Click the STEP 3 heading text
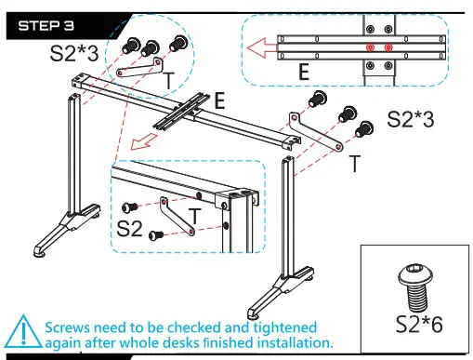46,26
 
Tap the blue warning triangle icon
23,332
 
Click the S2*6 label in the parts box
419,325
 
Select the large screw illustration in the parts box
414,287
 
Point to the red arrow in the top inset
262,48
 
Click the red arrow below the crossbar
144,141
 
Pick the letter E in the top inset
304,72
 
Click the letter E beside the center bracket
219,100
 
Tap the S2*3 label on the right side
411,119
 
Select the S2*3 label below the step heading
74,53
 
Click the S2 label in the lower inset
129,229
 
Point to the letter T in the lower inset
195,216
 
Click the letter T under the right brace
355,163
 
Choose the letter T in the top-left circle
168,80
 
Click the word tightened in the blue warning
285,327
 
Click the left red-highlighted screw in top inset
370,47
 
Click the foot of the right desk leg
281,292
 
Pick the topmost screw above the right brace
318,99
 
